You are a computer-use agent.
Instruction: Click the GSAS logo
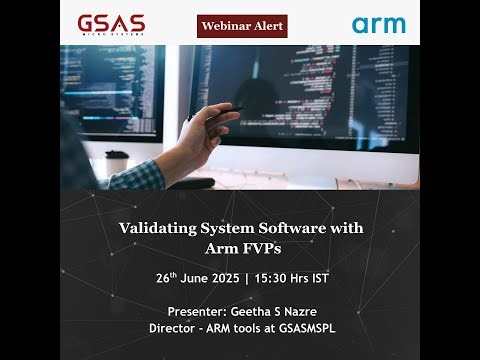pyautogui.click(x=111, y=23)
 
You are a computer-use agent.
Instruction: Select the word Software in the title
pyautogui.click(x=301, y=228)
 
